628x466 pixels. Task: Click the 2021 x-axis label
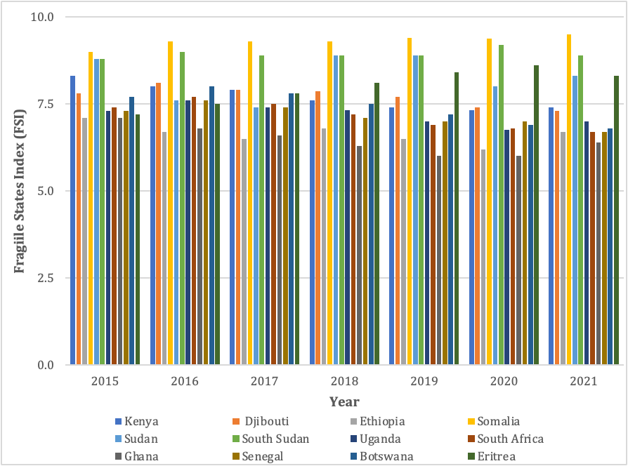tap(583, 381)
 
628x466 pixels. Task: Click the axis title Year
tap(344, 402)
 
